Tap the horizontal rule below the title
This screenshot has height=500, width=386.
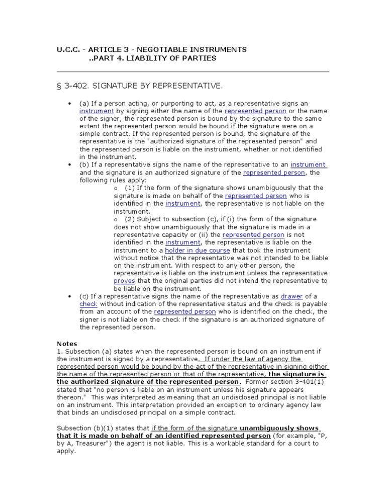point(192,72)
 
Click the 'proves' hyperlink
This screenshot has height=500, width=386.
point(124,281)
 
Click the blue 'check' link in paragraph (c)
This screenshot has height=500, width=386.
point(88,304)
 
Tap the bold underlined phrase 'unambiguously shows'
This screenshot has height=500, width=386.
point(288,428)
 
